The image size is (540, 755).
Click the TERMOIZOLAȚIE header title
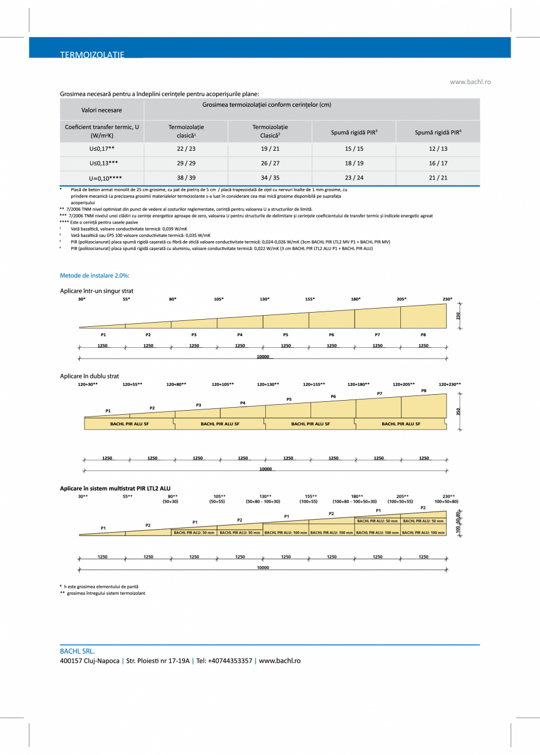click(92, 55)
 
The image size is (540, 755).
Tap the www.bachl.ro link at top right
click(470, 82)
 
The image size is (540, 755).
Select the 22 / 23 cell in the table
click(186, 149)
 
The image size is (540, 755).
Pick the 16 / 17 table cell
click(438, 164)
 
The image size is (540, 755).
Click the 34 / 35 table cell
click(270, 178)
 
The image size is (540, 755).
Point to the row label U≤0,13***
click(102, 164)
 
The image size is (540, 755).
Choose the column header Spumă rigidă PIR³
click(354, 133)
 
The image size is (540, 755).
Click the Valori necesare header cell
click(102, 110)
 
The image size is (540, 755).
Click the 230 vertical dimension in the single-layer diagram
click(458, 316)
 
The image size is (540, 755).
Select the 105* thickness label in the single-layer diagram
click(218, 299)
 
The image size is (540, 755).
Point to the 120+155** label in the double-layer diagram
click(313, 384)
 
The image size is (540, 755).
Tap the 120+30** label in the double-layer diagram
click(88, 384)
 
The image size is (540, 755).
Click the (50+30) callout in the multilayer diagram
click(170, 502)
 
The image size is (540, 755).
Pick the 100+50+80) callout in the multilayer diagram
click(446, 502)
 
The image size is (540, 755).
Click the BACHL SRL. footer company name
click(77, 651)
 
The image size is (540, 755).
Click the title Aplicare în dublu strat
click(89, 375)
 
